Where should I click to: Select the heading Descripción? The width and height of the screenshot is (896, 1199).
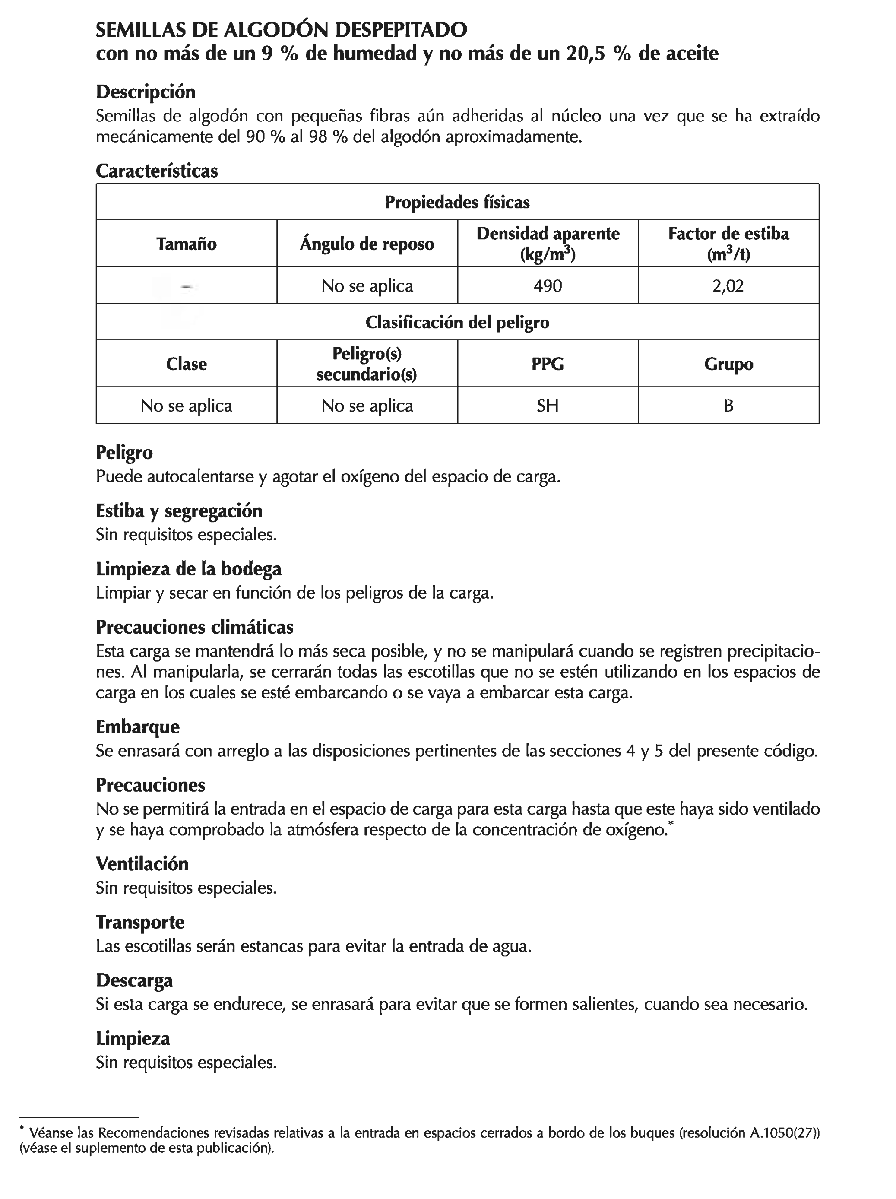pyautogui.click(x=145, y=92)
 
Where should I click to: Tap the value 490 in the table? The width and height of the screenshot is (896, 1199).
pyautogui.click(x=548, y=285)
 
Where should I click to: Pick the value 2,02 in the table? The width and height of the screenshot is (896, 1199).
pyautogui.click(x=728, y=285)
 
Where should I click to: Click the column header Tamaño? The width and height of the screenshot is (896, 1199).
pyautogui.click(x=187, y=244)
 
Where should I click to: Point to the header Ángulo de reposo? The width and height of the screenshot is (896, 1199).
pyautogui.click(x=367, y=244)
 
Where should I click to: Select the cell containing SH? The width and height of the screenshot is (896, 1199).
pyautogui.click(x=548, y=406)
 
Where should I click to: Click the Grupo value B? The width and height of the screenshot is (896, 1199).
pyautogui.click(x=728, y=406)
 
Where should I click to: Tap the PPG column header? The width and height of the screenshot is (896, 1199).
pyautogui.click(x=548, y=364)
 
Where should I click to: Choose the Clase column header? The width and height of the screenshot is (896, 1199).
pyautogui.click(x=187, y=364)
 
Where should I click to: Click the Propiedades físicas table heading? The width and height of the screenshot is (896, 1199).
pyautogui.click(x=457, y=202)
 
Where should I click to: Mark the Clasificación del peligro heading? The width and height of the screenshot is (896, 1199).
pyautogui.click(x=457, y=323)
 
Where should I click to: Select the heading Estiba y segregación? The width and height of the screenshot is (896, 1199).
pyautogui.click(x=179, y=511)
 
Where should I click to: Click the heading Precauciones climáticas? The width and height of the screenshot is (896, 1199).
pyautogui.click(x=195, y=627)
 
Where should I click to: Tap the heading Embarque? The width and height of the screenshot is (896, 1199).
pyautogui.click(x=138, y=727)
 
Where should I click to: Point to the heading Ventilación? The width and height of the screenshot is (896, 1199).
pyautogui.click(x=142, y=864)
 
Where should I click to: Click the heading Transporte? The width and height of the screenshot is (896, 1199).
pyautogui.click(x=140, y=922)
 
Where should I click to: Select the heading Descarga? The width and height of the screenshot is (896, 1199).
pyautogui.click(x=134, y=980)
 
